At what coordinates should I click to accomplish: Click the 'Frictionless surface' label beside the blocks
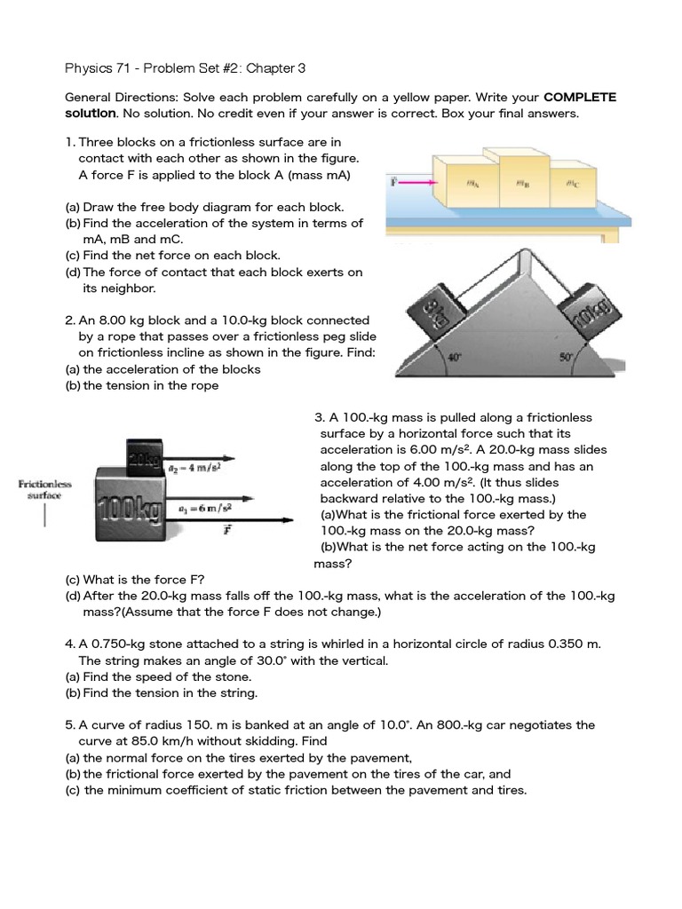42,489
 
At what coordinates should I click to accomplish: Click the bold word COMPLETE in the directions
580,97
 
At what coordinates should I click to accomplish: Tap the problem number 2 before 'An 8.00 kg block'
69,320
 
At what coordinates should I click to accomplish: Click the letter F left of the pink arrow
393,181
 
